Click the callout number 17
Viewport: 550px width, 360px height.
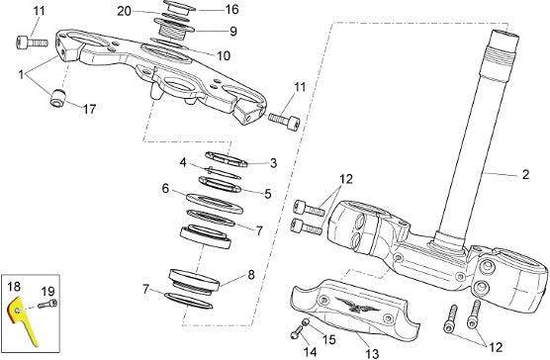(89, 109)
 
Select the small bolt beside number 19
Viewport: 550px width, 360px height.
(47, 304)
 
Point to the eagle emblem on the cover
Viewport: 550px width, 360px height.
(357, 305)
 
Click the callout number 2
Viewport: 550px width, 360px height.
(525, 174)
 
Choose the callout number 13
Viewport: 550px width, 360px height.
(372, 353)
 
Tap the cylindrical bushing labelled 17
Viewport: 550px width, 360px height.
(58, 98)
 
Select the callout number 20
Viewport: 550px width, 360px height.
(124, 11)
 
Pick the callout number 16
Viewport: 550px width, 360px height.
(231, 10)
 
